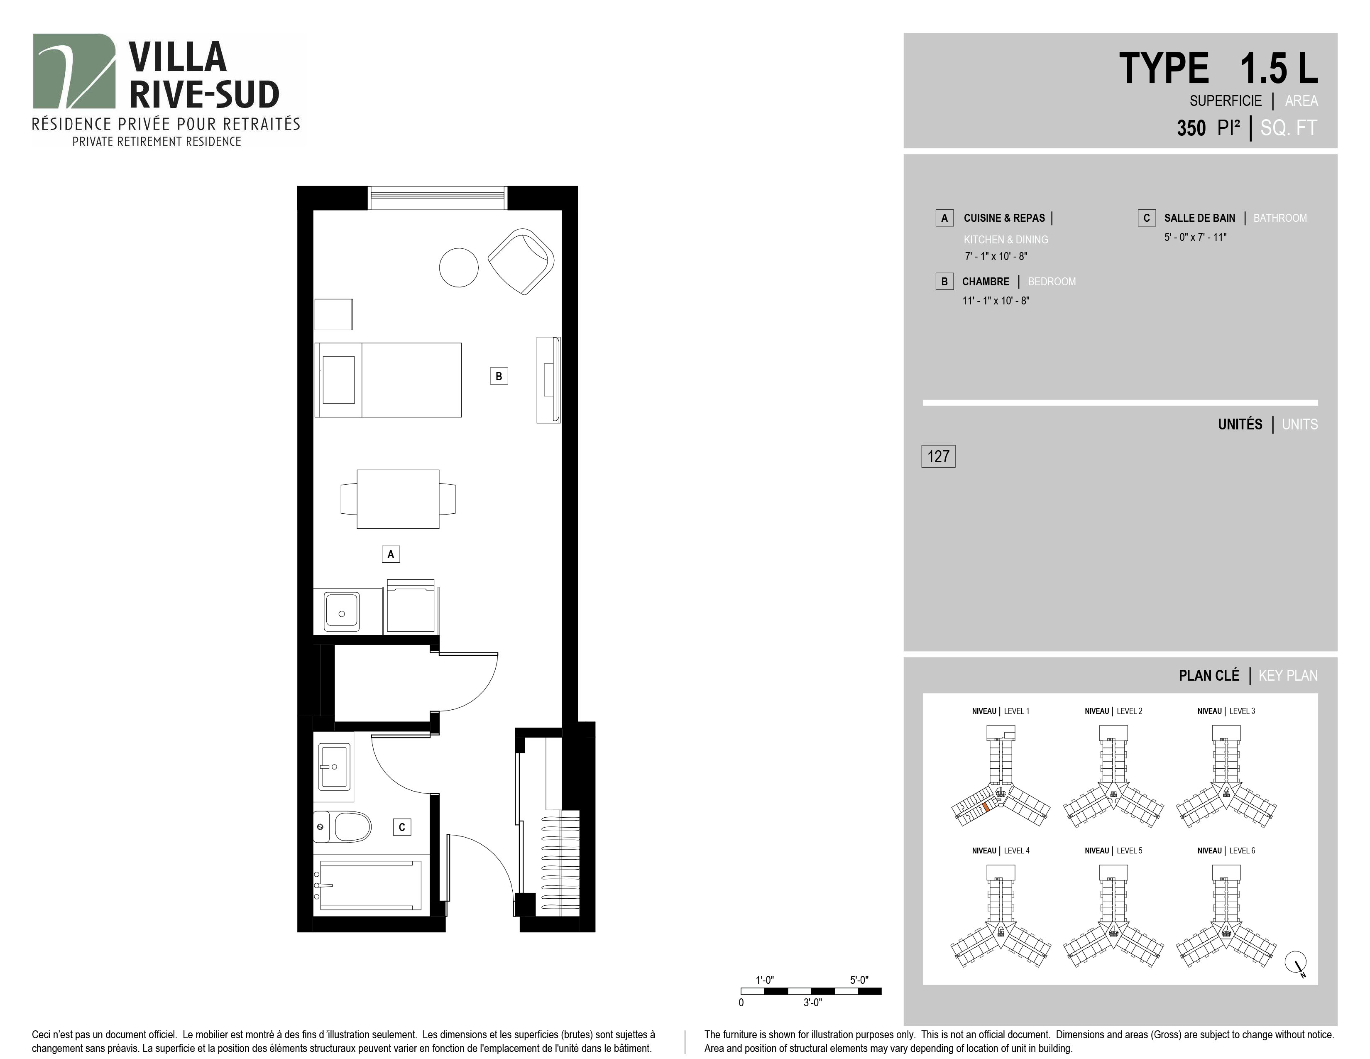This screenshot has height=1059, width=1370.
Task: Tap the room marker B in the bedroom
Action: (x=499, y=376)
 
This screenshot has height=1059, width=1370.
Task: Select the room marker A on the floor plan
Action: (x=391, y=554)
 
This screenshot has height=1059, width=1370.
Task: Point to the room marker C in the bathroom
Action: (x=402, y=827)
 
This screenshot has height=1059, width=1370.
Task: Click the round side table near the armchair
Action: (x=459, y=267)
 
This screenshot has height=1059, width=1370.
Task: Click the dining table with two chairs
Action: (x=398, y=499)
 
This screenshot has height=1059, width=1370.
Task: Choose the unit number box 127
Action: (x=938, y=456)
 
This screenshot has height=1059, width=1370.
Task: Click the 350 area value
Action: (x=1191, y=128)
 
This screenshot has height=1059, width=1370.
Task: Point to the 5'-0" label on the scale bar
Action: (x=859, y=980)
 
